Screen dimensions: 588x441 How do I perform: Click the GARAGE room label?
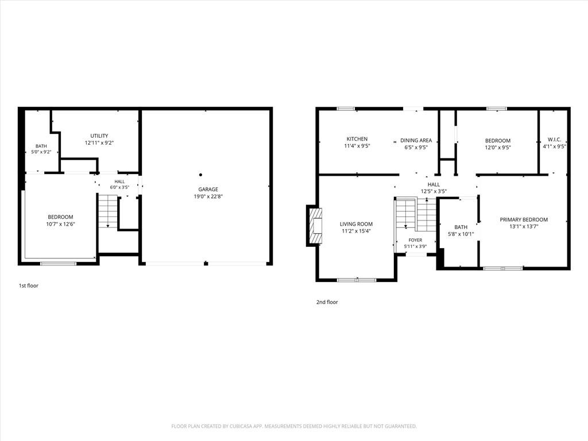pyautogui.click(x=208, y=189)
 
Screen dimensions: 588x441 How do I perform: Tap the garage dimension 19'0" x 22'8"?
pyautogui.click(x=208, y=196)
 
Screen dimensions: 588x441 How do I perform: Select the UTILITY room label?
pyautogui.click(x=99, y=136)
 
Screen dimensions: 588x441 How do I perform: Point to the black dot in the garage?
pyautogui.click(x=200, y=175)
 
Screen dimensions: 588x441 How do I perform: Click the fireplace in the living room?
pyautogui.click(x=315, y=226)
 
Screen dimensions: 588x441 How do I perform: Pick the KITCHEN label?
pyautogui.click(x=357, y=139)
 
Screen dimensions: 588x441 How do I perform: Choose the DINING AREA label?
pyautogui.click(x=416, y=140)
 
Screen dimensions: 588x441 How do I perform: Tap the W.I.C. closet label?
pyautogui.click(x=554, y=140)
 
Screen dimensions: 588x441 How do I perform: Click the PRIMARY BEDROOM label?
pyautogui.click(x=524, y=219)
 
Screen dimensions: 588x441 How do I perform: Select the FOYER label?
pyautogui.click(x=415, y=240)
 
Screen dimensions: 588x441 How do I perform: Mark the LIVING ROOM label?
pyautogui.click(x=356, y=224)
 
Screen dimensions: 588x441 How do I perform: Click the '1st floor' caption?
pyautogui.click(x=29, y=285)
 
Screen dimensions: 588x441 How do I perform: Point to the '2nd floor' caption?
pyautogui.click(x=327, y=302)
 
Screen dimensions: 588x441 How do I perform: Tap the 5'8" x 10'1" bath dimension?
pyautogui.click(x=461, y=234)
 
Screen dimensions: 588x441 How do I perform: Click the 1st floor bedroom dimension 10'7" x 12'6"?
pyautogui.click(x=61, y=224)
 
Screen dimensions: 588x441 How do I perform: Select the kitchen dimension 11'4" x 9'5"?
pyautogui.click(x=357, y=146)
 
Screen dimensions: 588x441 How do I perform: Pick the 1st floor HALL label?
pyautogui.click(x=119, y=181)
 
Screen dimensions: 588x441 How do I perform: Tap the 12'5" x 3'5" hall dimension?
pyautogui.click(x=434, y=191)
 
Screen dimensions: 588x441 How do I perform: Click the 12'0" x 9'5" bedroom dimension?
pyautogui.click(x=498, y=148)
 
